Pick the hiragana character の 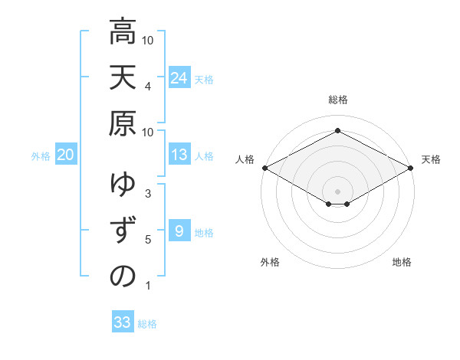pos(123,277)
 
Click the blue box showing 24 pos(179,78)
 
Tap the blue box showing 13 pos(179,155)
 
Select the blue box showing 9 pos(179,231)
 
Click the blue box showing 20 pos(65,155)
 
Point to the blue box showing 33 pos(123,322)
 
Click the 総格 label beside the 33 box pos(148,324)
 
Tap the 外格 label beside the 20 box pos(41,156)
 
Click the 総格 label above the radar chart pos(338,100)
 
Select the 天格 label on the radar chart pos(432,159)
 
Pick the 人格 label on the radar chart pos(245,159)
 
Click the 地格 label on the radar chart pos(402,262)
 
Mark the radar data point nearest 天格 pos(412,168)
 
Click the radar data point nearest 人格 pos(264,168)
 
